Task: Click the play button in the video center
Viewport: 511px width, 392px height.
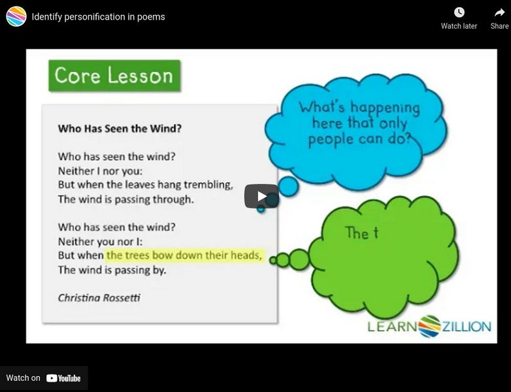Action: pyautogui.click(x=261, y=196)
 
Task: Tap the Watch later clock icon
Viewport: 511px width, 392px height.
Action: pyautogui.click(x=459, y=12)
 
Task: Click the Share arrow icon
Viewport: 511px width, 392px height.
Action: pyautogui.click(x=500, y=12)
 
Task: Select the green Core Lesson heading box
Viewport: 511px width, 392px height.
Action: pyautogui.click(x=114, y=76)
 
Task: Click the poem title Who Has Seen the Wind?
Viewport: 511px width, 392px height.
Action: pyautogui.click(x=120, y=129)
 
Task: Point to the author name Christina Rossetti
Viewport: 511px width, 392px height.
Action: pyautogui.click(x=99, y=297)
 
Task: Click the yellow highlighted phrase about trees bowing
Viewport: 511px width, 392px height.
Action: pyautogui.click(x=184, y=255)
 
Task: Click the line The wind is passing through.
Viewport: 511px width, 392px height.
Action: pyautogui.click(x=125, y=199)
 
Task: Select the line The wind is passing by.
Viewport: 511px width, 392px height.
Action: pyautogui.click(x=112, y=270)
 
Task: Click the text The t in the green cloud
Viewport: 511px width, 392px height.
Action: pyautogui.click(x=361, y=233)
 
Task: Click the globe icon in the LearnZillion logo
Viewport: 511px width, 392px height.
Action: pyautogui.click(x=429, y=325)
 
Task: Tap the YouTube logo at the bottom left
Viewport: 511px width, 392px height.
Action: pyautogui.click(x=63, y=378)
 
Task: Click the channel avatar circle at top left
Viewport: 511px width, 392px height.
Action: pyautogui.click(x=16, y=16)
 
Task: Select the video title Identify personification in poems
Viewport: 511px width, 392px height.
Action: pyautogui.click(x=98, y=16)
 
